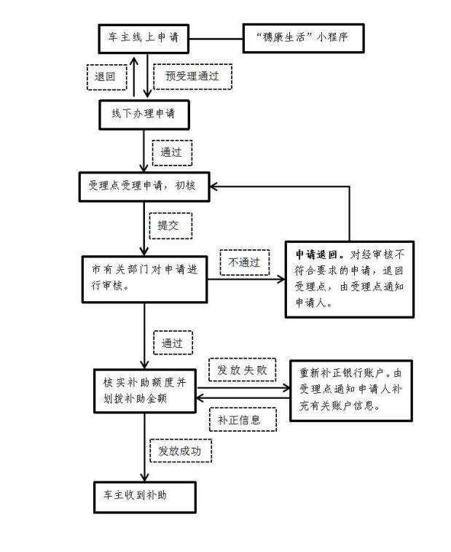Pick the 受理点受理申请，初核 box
tap(144, 186)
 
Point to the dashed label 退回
tap(106, 77)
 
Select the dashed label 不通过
tap(245, 262)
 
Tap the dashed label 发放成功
tap(180, 451)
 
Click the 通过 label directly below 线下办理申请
tap(171, 152)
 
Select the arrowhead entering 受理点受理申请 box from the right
tap(213, 186)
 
